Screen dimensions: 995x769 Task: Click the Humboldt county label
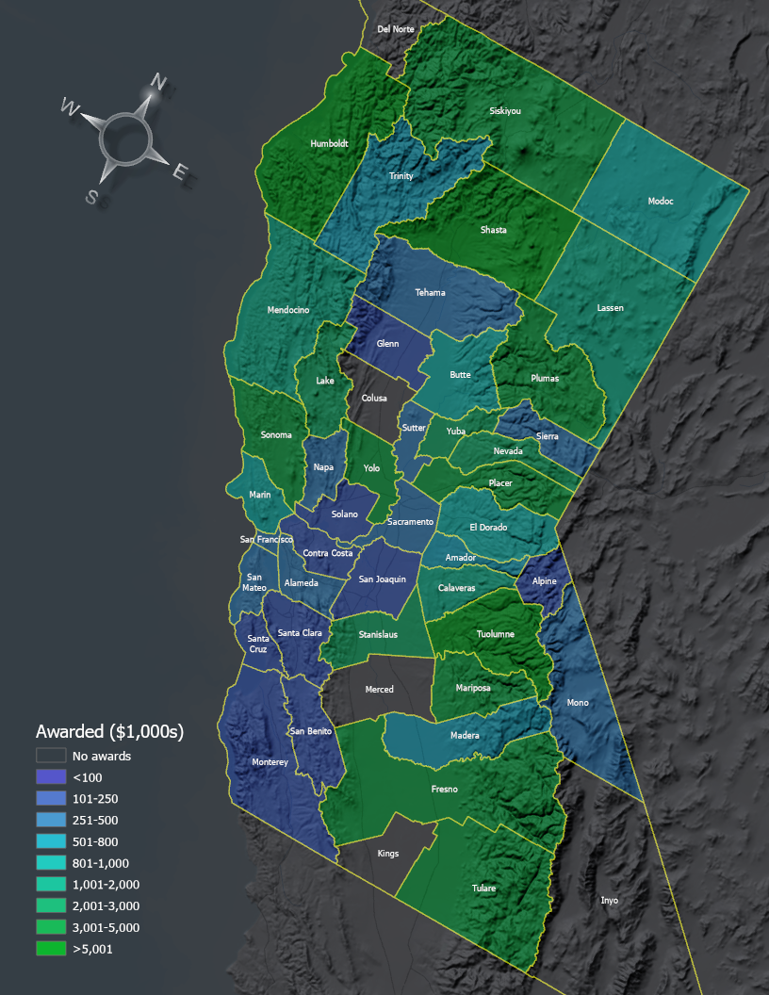pos(329,144)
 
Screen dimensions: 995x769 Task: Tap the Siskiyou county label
pos(505,111)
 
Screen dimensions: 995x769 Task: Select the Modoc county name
pos(661,201)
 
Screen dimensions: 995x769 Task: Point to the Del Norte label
pos(396,29)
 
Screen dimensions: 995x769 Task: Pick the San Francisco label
pos(267,540)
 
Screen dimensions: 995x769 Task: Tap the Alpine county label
pos(544,581)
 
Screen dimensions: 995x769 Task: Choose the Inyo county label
pos(610,901)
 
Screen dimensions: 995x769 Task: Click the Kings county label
pos(387,854)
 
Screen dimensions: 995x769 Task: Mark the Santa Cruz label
pos(258,644)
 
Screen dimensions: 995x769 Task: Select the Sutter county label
pos(414,428)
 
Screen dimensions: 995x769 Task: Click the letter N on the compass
pos(159,83)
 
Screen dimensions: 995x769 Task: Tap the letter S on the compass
pos(91,196)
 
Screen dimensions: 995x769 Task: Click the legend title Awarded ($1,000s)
pos(108,731)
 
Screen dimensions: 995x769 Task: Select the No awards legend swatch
pos(51,756)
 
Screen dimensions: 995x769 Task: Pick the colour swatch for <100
pos(51,777)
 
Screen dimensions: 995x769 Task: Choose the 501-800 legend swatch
pos(51,841)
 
